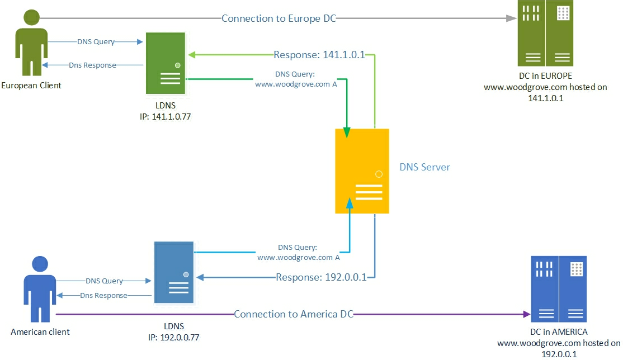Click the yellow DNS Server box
tap(362, 170)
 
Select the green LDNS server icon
tap(166, 63)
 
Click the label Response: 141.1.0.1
tap(319, 55)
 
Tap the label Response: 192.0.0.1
tap(321, 277)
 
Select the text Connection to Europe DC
tap(279, 18)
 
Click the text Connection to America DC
tap(294, 314)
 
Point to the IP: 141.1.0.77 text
tap(166, 117)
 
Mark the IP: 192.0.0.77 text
tap(173, 338)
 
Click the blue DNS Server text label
tap(424, 167)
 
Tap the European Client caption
tap(31, 86)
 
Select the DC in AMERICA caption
tap(559, 332)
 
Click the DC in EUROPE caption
tap(545, 76)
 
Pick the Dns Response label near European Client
tap(92, 65)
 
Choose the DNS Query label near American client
tap(104, 281)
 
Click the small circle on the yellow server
tap(379, 174)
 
